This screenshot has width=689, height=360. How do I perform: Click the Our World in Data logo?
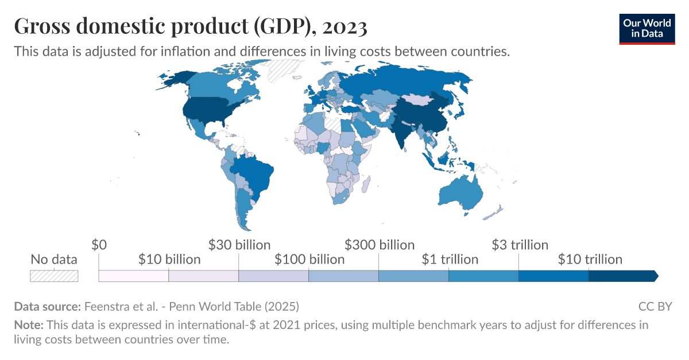pos(647,27)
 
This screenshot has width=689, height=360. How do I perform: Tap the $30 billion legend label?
pos(239,245)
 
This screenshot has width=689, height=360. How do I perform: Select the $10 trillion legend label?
pos(590,260)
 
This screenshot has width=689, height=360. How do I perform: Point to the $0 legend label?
pos(99,245)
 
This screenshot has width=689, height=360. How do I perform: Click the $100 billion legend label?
pos(309,260)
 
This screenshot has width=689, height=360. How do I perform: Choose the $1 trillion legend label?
pos(450,260)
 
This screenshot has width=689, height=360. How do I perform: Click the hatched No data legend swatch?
pos(54,276)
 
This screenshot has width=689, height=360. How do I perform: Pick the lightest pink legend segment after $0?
pos(133,276)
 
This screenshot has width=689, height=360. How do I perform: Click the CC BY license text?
pos(655,306)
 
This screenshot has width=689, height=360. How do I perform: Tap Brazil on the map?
pos(253,172)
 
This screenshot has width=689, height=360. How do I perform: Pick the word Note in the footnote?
pos(28,325)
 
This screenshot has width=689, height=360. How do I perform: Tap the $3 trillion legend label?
pos(520,245)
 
